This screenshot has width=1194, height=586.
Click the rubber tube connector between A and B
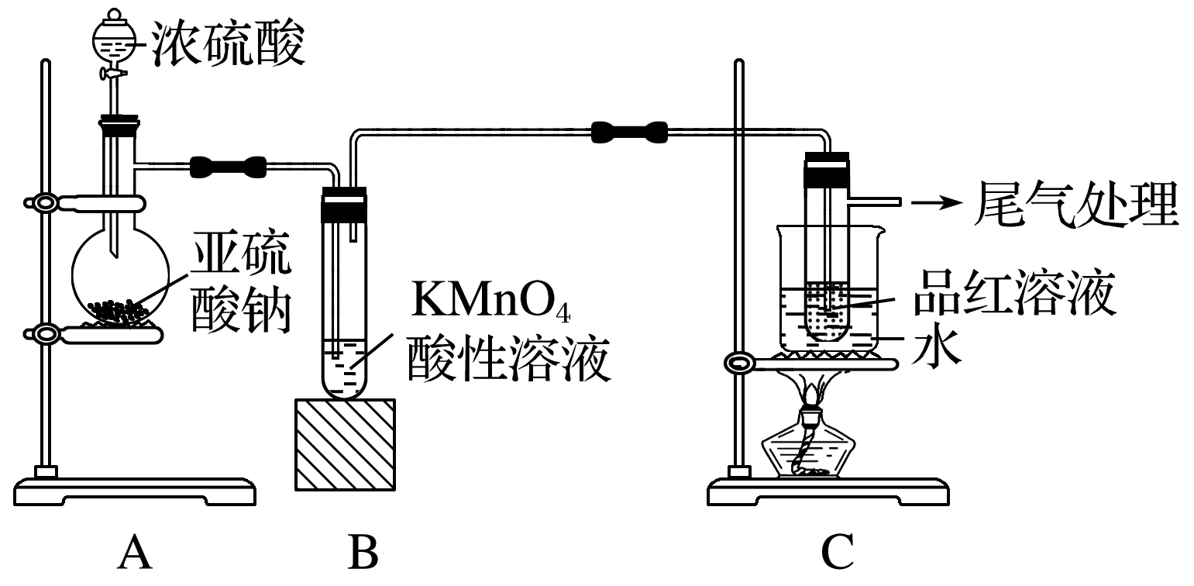(228, 165)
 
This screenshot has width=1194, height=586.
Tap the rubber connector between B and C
(628, 132)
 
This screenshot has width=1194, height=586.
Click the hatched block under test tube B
(345, 443)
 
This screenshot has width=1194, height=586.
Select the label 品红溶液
(1013, 292)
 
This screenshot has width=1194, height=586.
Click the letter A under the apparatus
(133, 553)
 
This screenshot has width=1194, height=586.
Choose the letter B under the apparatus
(362, 553)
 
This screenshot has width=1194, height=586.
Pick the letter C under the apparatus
(838, 553)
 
